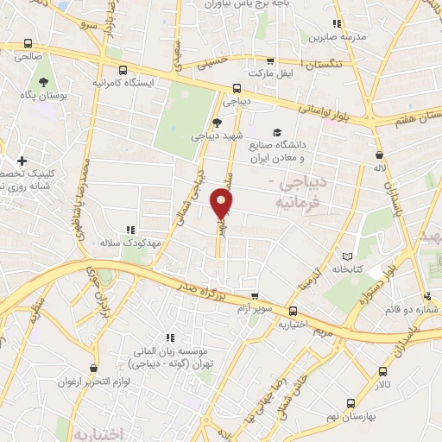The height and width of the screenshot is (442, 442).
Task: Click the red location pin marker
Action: click(x=222, y=204)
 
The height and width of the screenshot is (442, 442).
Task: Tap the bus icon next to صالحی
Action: click(x=28, y=43)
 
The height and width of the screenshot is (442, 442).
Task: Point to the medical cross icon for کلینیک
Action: click(x=22, y=161)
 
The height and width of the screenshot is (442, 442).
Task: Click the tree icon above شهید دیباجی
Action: click(x=217, y=123)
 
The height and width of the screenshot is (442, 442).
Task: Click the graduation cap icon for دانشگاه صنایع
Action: click(x=276, y=132)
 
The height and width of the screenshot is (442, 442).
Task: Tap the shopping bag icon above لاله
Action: click(x=379, y=155)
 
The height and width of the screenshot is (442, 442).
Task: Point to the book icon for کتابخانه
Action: click(x=347, y=256)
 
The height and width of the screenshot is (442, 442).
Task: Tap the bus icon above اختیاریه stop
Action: click(x=294, y=311)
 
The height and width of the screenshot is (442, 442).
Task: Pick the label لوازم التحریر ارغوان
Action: click(x=94, y=382)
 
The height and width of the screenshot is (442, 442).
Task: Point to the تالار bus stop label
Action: click(x=382, y=382)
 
